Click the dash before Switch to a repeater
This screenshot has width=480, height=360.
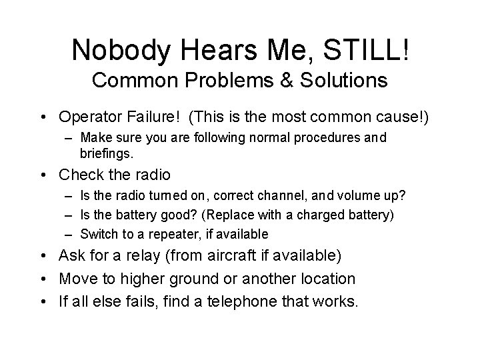(69, 234)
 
